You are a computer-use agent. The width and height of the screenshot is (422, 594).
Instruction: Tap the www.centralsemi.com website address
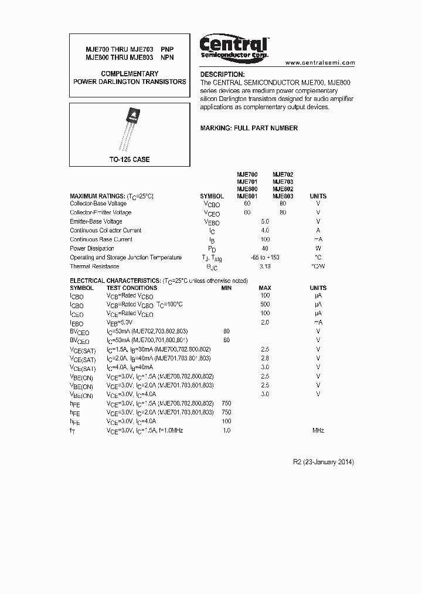(x=320, y=62)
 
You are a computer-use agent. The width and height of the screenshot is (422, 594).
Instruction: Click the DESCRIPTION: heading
(x=222, y=75)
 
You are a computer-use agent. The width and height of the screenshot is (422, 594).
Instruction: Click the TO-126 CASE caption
(x=130, y=160)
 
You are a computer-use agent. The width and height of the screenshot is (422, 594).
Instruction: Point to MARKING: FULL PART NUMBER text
(x=249, y=128)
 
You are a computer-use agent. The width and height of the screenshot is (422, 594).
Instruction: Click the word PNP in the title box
(x=168, y=49)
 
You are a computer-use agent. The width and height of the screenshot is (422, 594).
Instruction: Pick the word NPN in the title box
(x=168, y=58)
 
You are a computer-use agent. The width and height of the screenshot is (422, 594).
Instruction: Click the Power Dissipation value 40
(x=265, y=248)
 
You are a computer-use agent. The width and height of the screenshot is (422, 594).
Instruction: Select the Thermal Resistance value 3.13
(x=265, y=266)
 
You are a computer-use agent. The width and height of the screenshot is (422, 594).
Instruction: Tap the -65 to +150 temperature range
(x=265, y=258)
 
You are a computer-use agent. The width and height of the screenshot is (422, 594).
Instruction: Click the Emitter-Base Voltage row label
(x=96, y=221)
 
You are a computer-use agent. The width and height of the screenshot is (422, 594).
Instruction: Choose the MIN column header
(x=226, y=288)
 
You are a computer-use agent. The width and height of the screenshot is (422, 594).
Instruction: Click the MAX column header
(x=265, y=288)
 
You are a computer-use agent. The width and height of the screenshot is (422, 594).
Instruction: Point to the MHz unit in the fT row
(x=318, y=431)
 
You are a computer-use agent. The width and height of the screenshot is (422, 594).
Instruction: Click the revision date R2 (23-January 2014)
(x=324, y=462)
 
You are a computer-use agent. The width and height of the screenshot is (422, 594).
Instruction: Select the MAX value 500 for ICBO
(x=265, y=305)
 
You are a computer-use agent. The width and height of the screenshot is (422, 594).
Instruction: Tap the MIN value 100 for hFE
(x=226, y=421)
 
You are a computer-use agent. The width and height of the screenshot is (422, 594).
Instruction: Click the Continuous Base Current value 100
(x=265, y=239)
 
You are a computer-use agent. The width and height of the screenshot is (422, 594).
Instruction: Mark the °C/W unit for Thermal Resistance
(x=318, y=266)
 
